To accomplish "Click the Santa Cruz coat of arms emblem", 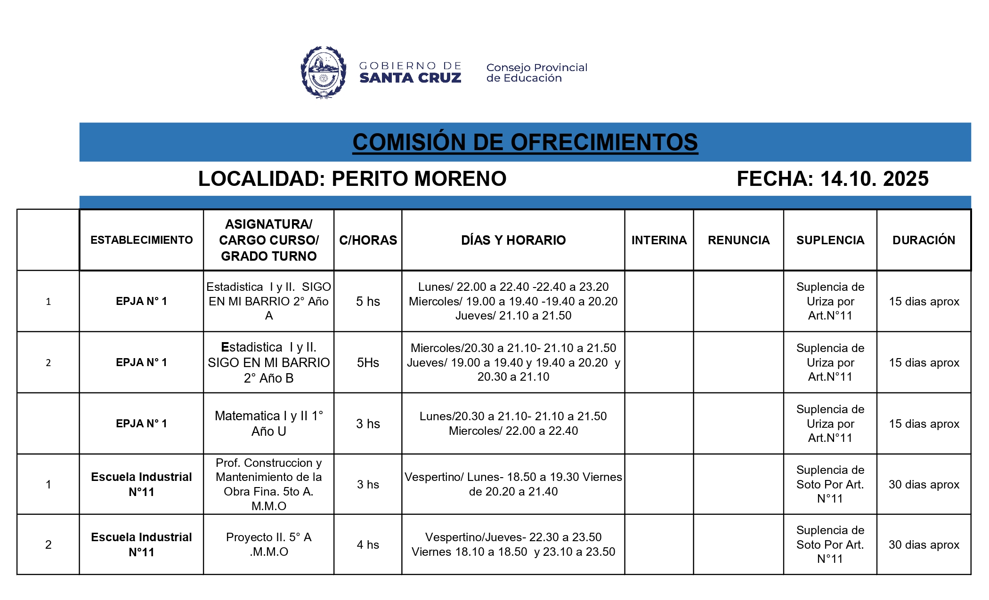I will point(323,72).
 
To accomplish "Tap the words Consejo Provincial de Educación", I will point(536,73).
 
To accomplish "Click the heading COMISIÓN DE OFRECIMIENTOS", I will point(525,142).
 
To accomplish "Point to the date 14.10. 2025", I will point(874,179).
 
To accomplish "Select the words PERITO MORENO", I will point(419,179).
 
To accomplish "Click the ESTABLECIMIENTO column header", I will point(141,240).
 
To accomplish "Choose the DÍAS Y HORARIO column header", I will point(513,240).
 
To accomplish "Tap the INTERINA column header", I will point(659,240).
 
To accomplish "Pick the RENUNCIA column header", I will point(738,240).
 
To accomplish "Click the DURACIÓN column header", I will point(924,240).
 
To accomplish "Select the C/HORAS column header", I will point(368,240).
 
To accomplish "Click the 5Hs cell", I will point(368,362).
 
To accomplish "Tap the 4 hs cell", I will point(368,544).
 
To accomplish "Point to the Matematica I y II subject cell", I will point(268,423).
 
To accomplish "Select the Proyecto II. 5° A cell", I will point(268,544).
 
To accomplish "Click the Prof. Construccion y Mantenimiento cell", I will point(268,484).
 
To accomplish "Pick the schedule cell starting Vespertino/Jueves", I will point(513,544).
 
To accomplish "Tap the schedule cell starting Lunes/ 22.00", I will point(513,301).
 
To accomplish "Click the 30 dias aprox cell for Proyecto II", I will point(924,544).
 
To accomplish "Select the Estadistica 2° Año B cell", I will point(268,362).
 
